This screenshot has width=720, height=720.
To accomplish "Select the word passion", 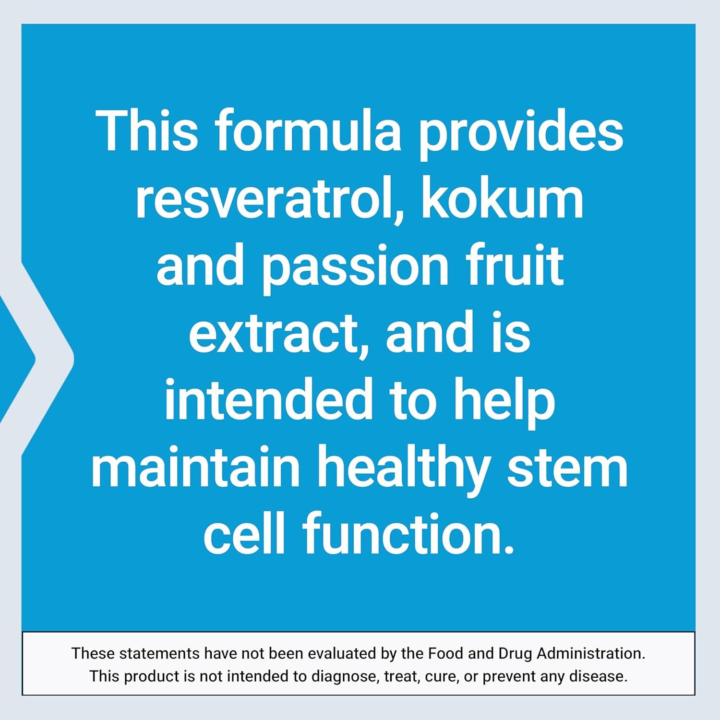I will click(x=355, y=267).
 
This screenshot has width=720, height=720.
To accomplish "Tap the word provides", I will click(x=521, y=132).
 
